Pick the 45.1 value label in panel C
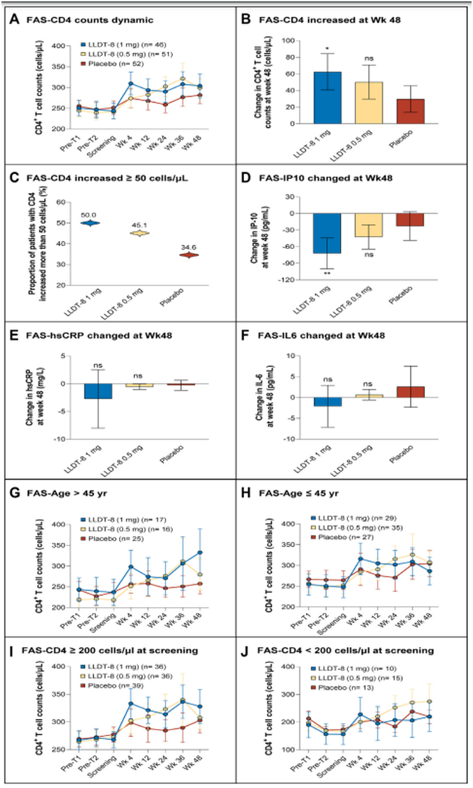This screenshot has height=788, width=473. click(x=135, y=226)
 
